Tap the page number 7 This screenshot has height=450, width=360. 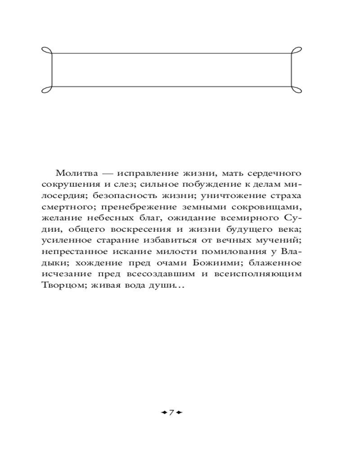(171, 412)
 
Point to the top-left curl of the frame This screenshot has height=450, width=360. (47, 50)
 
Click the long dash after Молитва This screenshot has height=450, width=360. (108, 173)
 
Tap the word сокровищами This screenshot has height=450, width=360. (274, 207)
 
